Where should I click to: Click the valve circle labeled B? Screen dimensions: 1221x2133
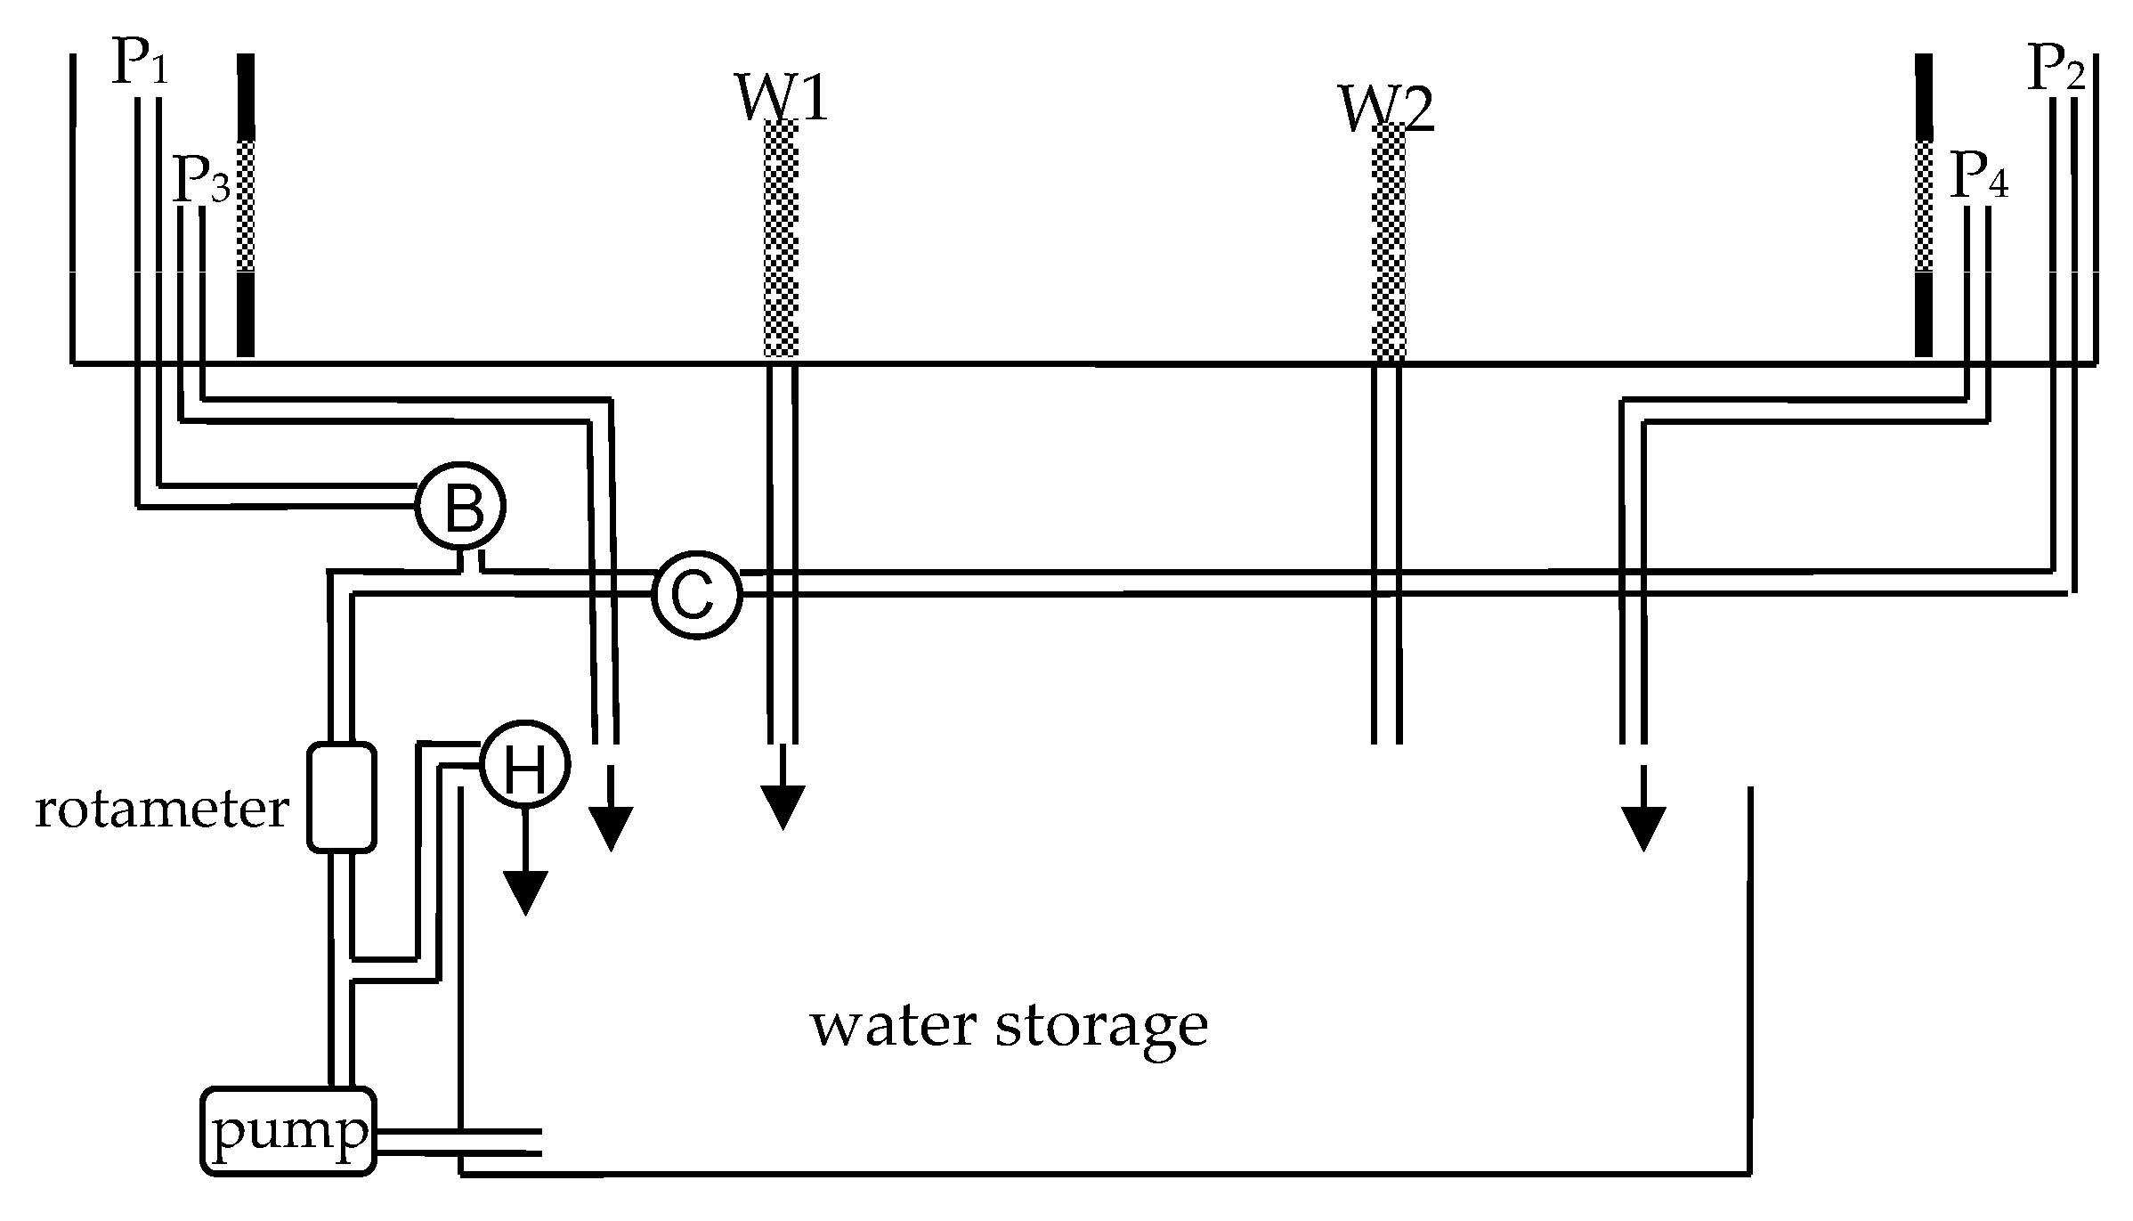[x=461, y=506]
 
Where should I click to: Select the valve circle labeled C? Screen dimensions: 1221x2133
[x=696, y=595]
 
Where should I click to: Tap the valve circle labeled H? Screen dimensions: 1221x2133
[x=524, y=764]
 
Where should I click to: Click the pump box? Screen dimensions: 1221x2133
[x=288, y=1131]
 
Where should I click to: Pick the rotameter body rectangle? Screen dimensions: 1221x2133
[x=341, y=797]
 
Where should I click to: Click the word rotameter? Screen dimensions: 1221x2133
[x=162, y=810]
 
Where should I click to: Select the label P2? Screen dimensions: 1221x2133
[x=2056, y=69]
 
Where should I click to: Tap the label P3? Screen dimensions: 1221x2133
[x=201, y=180]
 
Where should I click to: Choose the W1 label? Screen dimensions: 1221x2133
[x=782, y=98]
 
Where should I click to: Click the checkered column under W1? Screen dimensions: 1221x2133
[x=781, y=240]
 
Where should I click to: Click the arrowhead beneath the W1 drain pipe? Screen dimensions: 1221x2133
[x=783, y=808]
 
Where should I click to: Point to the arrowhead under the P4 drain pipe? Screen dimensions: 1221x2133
[x=1642, y=828]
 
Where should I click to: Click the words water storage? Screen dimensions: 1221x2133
[x=1009, y=1026]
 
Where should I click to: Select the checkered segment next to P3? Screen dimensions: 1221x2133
[x=246, y=205]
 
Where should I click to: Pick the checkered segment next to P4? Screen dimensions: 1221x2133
[x=1924, y=205]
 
